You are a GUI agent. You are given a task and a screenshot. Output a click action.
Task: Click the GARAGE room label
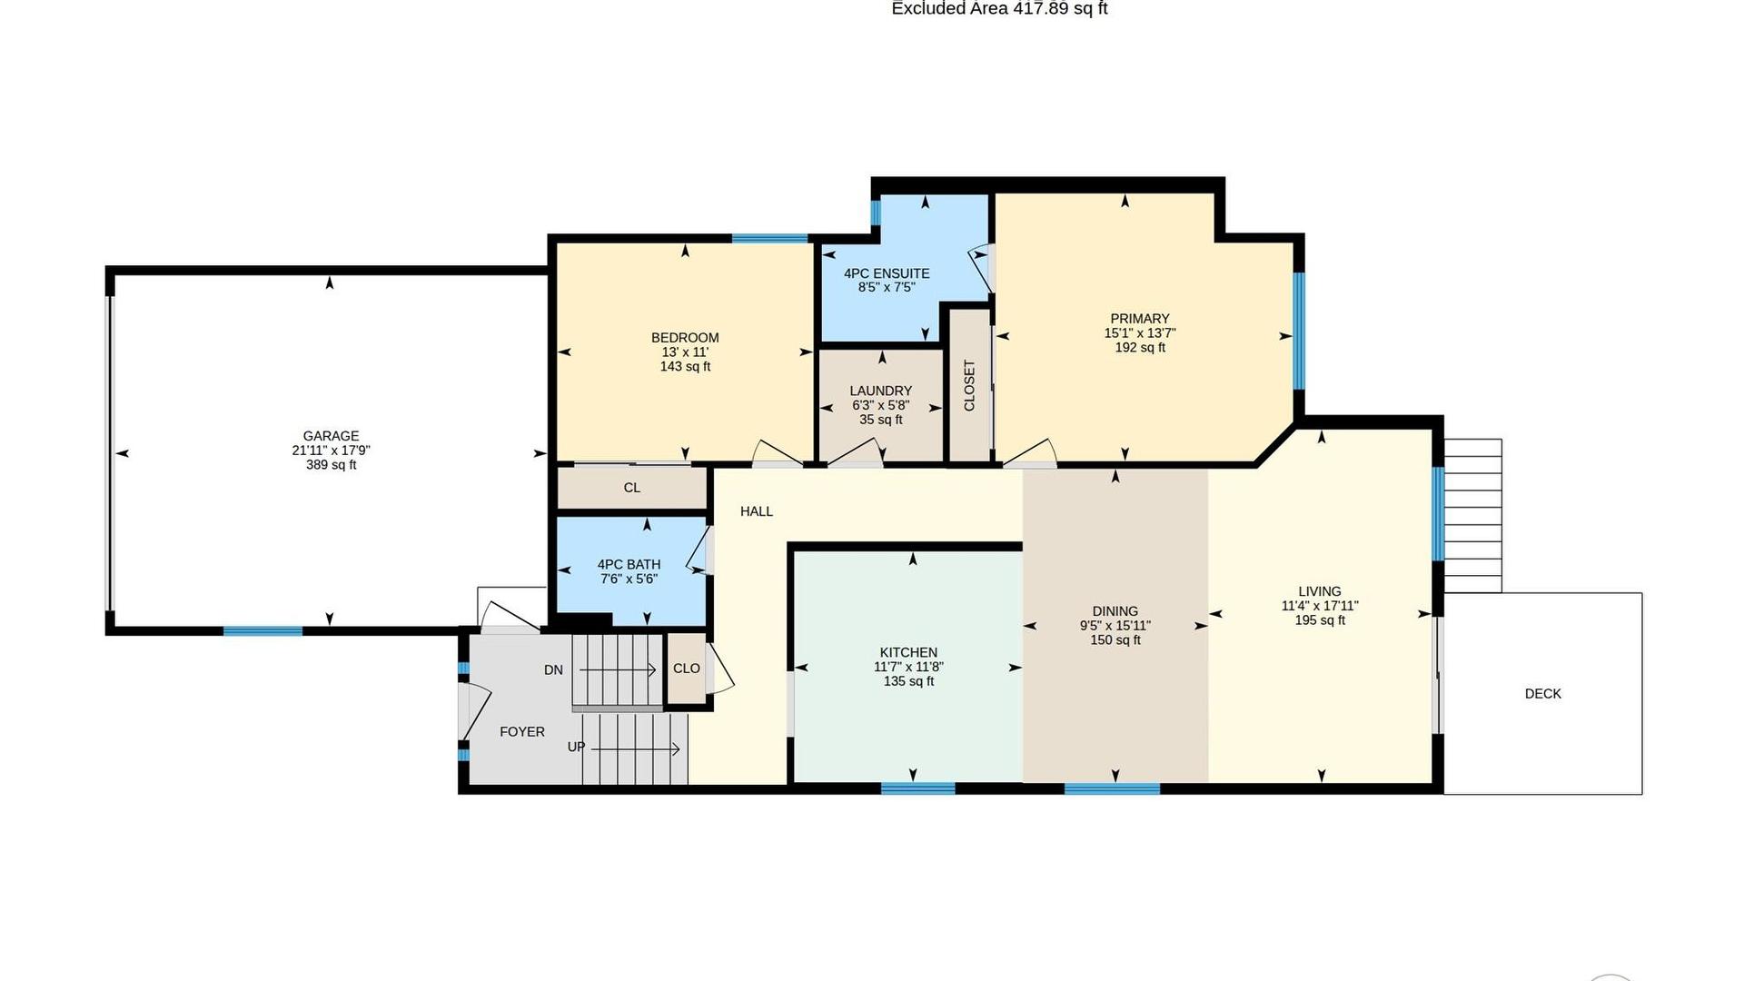[331, 436]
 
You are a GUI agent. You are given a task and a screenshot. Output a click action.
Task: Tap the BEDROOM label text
[685, 338]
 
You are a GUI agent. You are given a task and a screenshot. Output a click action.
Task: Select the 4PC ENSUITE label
[887, 273]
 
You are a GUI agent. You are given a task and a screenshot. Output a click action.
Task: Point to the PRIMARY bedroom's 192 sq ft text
[1140, 348]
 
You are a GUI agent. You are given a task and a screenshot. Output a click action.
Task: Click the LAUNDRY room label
[881, 391]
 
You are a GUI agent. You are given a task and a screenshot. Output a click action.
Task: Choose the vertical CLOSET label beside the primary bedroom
[969, 385]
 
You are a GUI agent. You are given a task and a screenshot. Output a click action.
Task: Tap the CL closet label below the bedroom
[632, 488]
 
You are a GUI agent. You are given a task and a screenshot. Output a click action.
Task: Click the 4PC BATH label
[629, 564]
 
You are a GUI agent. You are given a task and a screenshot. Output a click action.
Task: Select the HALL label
[757, 511]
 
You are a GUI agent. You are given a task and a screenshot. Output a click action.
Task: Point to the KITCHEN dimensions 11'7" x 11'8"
[908, 667]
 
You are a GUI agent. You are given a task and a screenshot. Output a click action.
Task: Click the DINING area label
[1115, 611]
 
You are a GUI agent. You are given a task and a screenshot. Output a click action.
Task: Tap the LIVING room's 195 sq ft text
[1320, 620]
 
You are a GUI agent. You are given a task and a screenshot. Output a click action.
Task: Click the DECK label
[1543, 694]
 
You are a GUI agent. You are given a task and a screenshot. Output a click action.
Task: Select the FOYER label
[522, 731]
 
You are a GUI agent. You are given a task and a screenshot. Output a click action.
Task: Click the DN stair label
[553, 670]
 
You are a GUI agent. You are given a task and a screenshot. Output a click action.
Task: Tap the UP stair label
[577, 747]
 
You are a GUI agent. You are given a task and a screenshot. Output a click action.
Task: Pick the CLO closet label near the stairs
[687, 669]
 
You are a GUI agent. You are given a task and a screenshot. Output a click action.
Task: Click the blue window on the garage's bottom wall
[263, 631]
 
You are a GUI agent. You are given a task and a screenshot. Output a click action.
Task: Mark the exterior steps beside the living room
[1472, 516]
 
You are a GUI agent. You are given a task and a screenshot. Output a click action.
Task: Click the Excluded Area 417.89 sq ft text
[999, 9]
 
